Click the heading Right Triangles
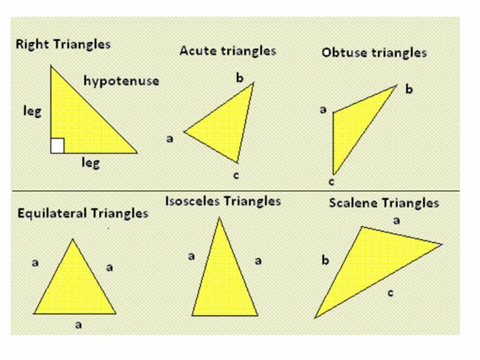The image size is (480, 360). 63,44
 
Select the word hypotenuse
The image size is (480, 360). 121,80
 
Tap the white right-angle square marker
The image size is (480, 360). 57,146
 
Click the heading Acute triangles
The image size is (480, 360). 227,50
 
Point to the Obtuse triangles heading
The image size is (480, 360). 374,52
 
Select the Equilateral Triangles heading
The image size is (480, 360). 83,213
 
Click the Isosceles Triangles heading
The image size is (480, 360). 223,201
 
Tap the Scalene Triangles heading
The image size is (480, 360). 384,203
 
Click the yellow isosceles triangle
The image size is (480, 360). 223,280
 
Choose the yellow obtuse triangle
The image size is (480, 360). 352,125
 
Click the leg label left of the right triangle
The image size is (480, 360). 32,110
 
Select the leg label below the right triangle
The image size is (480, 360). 90,162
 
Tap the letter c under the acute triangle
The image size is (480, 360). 236,175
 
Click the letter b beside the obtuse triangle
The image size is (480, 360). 409,90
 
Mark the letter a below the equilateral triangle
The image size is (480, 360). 78,325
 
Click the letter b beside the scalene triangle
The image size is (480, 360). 325,260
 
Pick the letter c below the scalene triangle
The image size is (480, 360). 390,292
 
